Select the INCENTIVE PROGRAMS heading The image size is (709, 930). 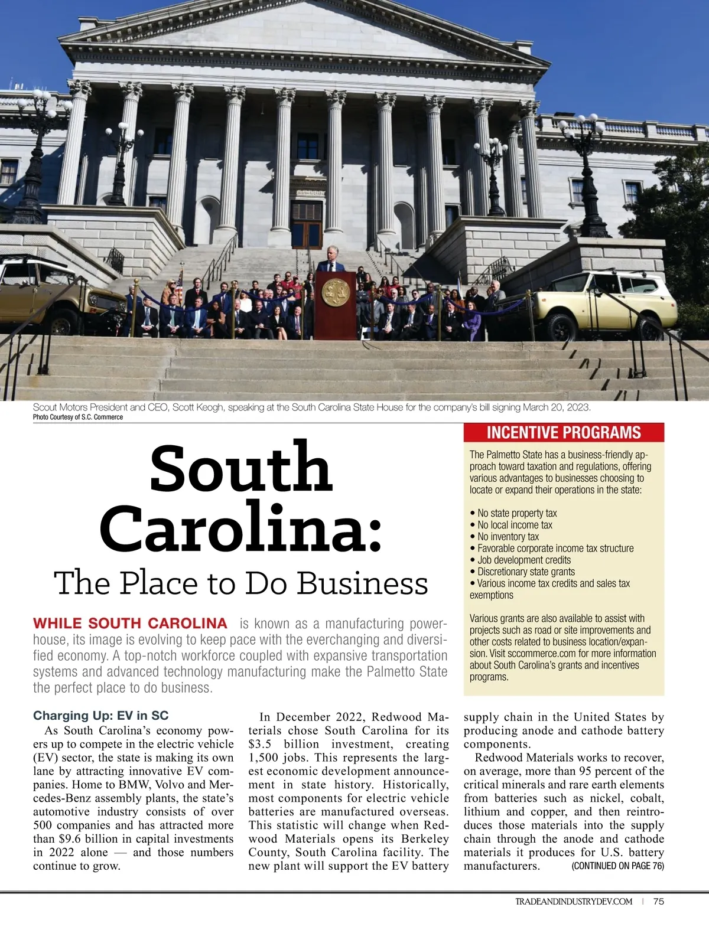tap(564, 433)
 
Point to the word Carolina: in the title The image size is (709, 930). tap(241, 527)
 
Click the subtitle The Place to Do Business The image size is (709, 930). tap(241, 583)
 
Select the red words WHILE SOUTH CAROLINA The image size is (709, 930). tap(130, 624)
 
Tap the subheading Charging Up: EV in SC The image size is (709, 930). tap(100, 716)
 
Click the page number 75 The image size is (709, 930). tap(659, 901)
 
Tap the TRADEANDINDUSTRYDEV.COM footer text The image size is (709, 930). tap(574, 902)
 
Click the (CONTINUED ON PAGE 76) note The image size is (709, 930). tap(617, 866)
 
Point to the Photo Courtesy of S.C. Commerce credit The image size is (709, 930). tap(78, 417)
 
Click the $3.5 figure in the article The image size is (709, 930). tap(260, 744)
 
